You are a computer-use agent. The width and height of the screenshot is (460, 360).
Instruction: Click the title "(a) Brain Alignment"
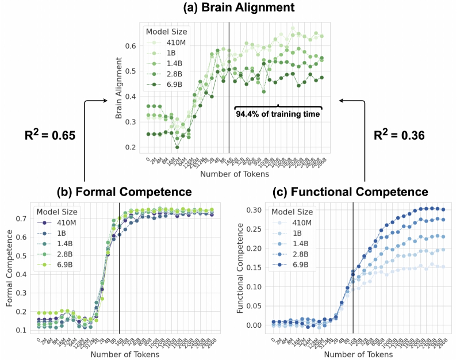pos(230,9)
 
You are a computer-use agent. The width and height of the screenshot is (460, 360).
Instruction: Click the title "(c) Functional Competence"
pos(347,191)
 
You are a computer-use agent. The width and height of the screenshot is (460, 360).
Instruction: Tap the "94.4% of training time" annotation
pos(278,114)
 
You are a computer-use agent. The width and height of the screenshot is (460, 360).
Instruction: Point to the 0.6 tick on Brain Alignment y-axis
pos(133,46)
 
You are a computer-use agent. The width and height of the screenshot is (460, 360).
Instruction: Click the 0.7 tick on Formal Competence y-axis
pos(22,219)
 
